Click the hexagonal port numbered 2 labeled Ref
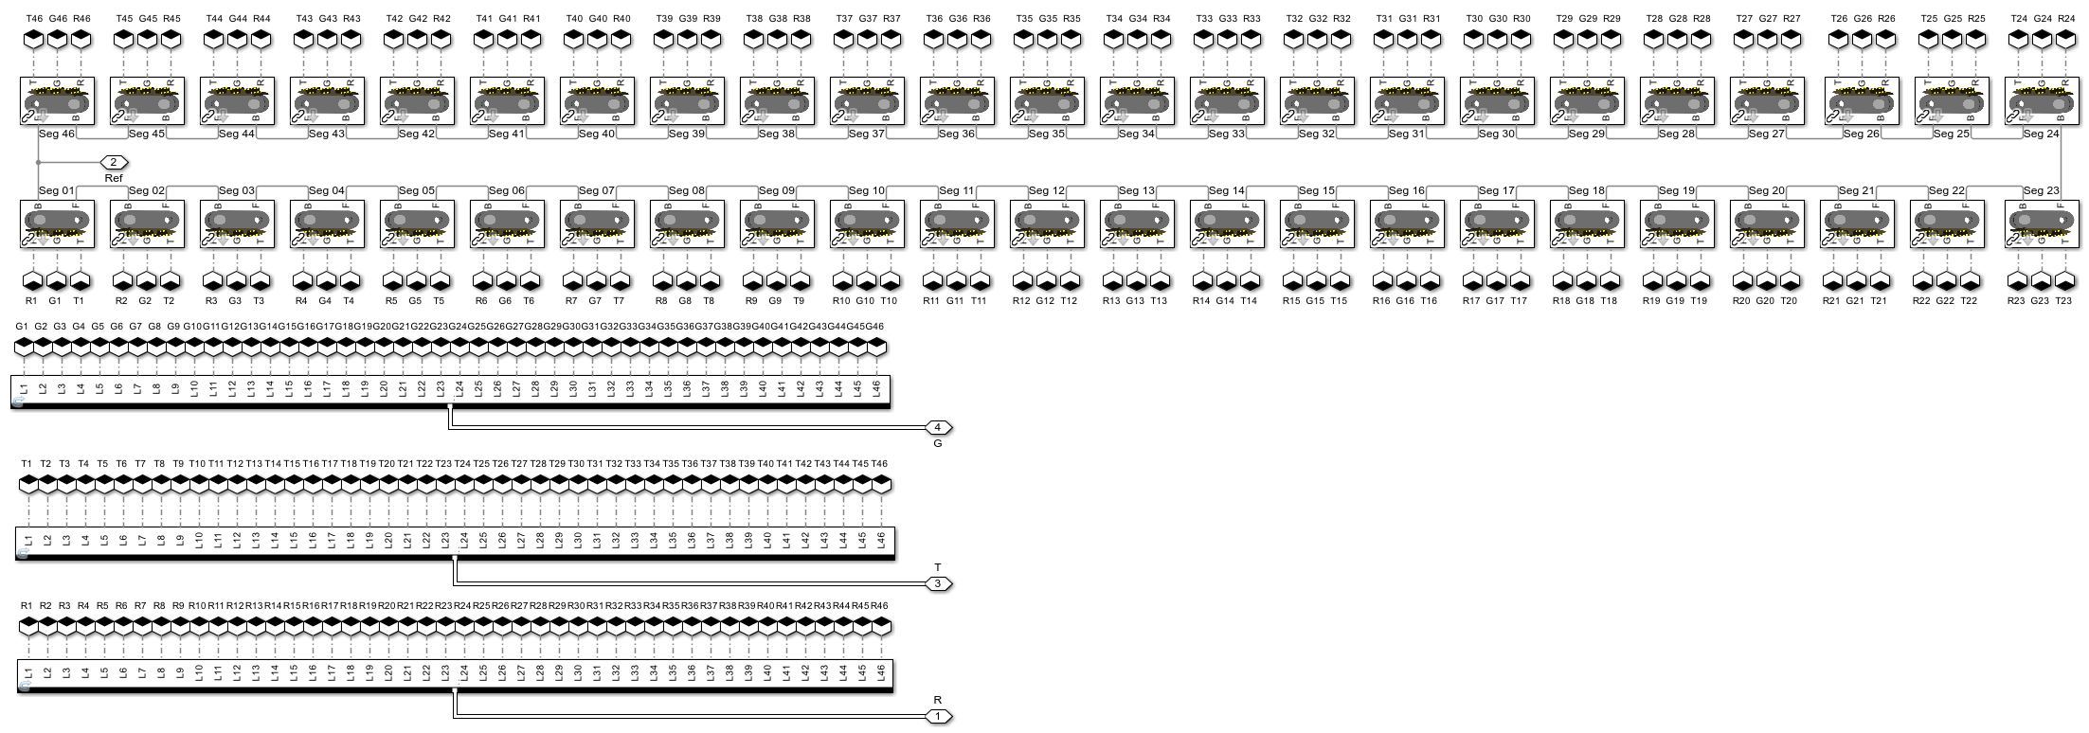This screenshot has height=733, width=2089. point(113,162)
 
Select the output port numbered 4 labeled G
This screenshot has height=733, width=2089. point(937,427)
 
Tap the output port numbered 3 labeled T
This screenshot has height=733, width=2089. point(937,583)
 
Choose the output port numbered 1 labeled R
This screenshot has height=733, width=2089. point(937,716)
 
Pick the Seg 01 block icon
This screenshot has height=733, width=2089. point(55,224)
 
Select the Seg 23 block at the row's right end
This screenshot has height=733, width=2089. point(2040,224)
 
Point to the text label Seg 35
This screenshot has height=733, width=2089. point(1047,134)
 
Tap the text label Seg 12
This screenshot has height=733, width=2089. point(1047,191)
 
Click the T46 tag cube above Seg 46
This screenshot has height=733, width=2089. point(34,39)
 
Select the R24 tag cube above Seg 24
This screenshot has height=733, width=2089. point(2065,39)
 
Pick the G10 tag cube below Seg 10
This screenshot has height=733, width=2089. point(866,281)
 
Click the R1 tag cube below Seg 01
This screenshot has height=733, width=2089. point(31,281)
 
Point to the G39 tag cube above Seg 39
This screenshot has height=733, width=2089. point(688,39)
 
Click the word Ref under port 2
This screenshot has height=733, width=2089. point(114,178)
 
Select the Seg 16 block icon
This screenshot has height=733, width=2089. point(1405,224)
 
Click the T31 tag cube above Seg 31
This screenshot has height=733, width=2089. point(1384,39)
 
